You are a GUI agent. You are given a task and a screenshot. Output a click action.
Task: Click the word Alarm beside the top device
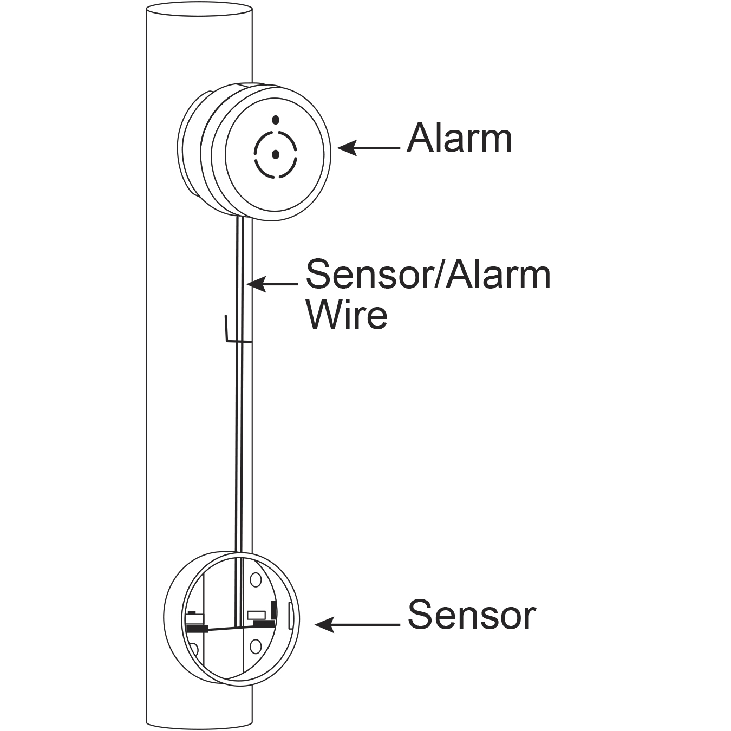click(459, 139)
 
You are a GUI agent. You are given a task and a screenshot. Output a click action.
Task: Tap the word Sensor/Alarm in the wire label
click(428, 275)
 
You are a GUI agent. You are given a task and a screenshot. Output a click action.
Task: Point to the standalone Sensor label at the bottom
click(471, 615)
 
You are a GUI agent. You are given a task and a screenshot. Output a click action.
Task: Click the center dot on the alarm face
click(276, 155)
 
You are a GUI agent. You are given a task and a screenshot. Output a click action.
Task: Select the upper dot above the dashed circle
click(276, 119)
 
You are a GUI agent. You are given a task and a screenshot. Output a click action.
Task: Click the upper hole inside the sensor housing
click(255, 580)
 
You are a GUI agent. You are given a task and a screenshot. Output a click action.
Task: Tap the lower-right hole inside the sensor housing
click(256, 645)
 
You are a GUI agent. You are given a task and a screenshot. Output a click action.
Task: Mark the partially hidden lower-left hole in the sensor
click(193, 649)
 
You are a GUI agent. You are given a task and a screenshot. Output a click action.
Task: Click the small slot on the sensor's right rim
click(291, 616)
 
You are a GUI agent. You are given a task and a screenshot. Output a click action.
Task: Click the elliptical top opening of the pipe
click(199, 10)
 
